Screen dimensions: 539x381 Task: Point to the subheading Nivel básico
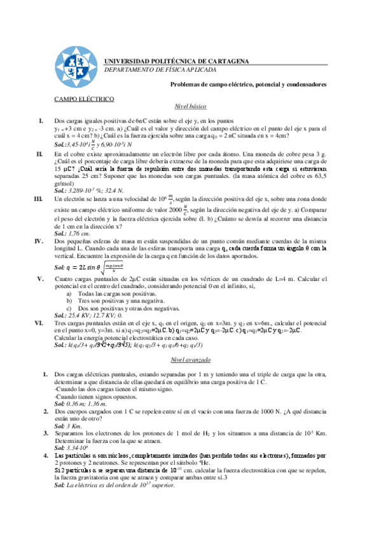(190, 107)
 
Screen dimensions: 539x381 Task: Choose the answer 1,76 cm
(73, 234)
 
